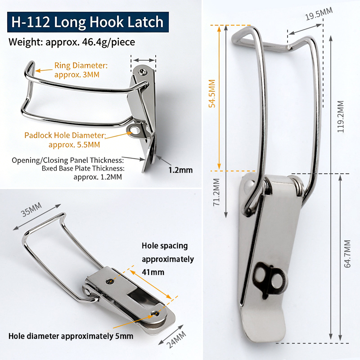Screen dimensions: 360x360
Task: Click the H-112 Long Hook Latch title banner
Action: [x=88, y=22]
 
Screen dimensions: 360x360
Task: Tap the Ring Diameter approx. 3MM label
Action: [x=81, y=70]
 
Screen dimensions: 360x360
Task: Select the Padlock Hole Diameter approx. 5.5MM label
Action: [x=65, y=140]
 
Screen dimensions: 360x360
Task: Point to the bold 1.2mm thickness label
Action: [x=180, y=170]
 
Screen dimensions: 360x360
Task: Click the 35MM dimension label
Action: [x=31, y=209]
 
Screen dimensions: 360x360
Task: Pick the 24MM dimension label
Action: [x=176, y=340]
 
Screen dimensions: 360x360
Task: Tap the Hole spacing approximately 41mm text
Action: [x=168, y=259]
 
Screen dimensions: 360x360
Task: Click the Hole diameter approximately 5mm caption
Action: [x=71, y=336]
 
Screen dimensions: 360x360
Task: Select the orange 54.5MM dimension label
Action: [x=212, y=94]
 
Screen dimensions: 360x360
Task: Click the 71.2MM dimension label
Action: [x=216, y=192]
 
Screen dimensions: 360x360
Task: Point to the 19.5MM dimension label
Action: [x=319, y=13]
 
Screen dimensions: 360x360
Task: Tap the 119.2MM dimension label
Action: [x=341, y=117]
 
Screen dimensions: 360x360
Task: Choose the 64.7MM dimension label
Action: [x=347, y=254]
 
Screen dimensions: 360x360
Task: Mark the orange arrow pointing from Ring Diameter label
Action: [x=44, y=70]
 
